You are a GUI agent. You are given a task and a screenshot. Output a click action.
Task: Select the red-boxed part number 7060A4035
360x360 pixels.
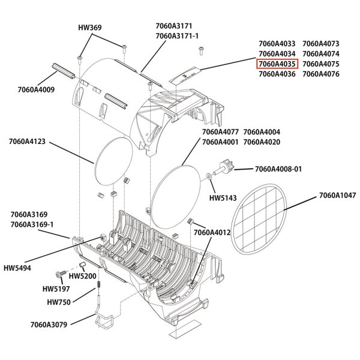[x=277, y=64]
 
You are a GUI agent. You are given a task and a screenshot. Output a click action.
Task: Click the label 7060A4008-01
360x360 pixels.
[x=278, y=169]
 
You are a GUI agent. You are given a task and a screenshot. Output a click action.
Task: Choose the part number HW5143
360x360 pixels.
[x=223, y=197]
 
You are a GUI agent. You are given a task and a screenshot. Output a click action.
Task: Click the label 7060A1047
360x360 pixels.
[x=338, y=195]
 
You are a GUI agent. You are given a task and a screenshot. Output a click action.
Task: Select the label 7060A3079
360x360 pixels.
[x=49, y=325]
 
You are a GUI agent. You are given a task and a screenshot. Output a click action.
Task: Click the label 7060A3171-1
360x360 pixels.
[x=177, y=37]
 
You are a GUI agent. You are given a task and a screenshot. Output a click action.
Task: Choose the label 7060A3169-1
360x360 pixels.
[x=32, y=224]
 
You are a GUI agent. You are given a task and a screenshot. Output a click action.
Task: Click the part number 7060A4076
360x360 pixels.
[x=321, y=74]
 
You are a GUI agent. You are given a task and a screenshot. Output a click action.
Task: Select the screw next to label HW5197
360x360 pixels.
[x=61, y=273]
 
